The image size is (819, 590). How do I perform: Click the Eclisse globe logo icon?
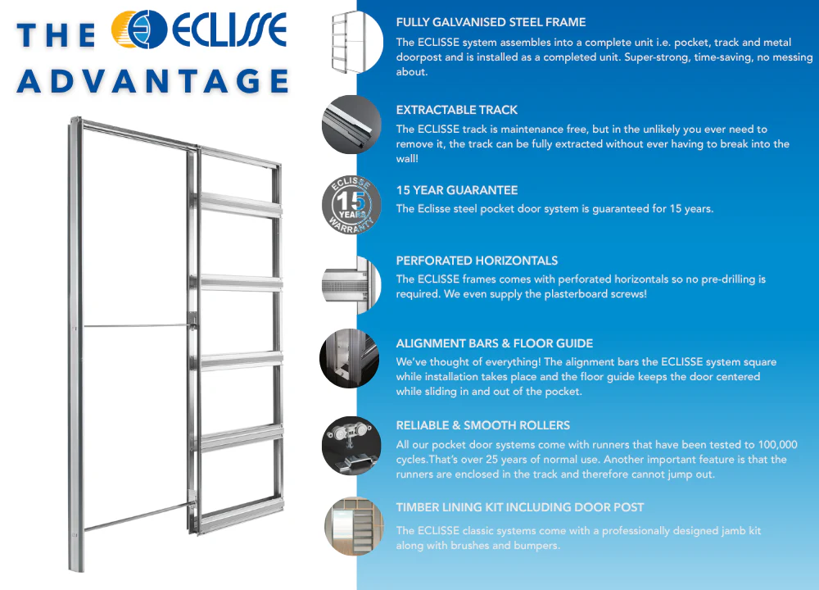[139, 29]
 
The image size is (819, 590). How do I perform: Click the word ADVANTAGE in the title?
[153, 81]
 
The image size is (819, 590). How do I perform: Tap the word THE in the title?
[57, 35]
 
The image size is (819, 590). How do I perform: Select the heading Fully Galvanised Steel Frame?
[491, 22]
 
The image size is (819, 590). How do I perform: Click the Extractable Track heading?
[456, 110]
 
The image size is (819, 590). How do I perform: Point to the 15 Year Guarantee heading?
[456, 190]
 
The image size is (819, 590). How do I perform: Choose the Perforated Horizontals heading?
[477, 261]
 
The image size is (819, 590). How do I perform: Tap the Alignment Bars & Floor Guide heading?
[494, 343]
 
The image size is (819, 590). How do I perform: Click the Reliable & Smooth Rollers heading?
[482, 425]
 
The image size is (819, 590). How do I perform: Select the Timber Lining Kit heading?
[520, 507]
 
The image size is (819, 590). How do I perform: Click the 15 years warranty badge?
[351, 204]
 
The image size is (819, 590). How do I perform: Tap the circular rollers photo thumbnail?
[351, 446]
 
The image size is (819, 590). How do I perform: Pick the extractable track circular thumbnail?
[351, 125]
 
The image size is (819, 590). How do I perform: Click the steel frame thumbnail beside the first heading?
[357, 42]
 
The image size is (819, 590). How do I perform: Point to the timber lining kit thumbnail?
[354, 526]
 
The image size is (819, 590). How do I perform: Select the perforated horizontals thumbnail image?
[351, 285]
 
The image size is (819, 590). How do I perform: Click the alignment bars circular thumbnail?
[350, 358]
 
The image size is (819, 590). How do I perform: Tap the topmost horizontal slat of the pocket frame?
[240, 205]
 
